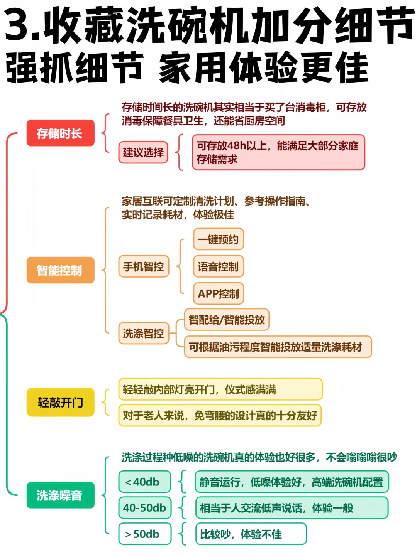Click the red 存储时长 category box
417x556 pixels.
(60, 133)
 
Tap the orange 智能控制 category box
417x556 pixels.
(60, 270)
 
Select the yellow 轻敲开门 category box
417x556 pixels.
(60, 402)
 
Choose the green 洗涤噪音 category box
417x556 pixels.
(60, 495)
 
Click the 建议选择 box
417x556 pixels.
(143, 152)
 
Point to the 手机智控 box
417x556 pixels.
(144, 266)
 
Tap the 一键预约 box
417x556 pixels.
(218, 239)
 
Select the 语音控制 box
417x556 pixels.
(218, 266)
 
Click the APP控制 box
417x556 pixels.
(218, 293)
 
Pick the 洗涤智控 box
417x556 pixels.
(144, 333)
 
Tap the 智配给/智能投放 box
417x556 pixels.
(227, 320)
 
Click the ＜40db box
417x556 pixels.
(144, 482)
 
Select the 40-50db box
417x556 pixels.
(144, 508)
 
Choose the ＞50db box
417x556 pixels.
(144, 534)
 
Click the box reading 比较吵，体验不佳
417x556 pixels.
(251, 534)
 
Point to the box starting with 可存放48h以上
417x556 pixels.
(278, 152)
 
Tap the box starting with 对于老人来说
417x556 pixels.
(220, 415)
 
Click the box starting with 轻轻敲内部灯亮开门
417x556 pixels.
(220, 389)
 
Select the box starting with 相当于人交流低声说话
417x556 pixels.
(292, 508)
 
